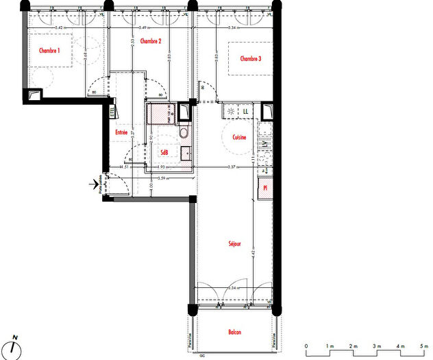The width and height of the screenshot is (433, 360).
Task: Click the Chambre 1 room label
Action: pyautogui.click(x=49, y=50)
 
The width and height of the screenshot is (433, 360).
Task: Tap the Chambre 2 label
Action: pyautogui.click(x=151, y=42)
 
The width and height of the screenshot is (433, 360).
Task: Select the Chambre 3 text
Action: pyautogui.click(x=251, y=59)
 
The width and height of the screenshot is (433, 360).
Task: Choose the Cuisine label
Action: pyautogui.click(x=239, y=137)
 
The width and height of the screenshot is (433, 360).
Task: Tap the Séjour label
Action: pyautogui.click(x=236, y=244)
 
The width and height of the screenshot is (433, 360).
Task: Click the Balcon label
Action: pyautogui.click(x=235, y=333)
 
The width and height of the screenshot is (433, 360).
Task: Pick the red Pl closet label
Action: pyautogui.click(x=265, y=187)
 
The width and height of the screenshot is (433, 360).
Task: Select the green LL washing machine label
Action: pyautogui.click(x=245, y=110)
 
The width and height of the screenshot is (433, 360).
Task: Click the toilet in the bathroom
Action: pyautogui.click(x=183, y=133)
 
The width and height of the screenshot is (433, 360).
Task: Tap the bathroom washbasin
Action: pyautogui.click(x=185, y=153)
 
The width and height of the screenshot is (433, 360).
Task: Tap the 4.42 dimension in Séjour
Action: pyautogui.click(x=252, y=254)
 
